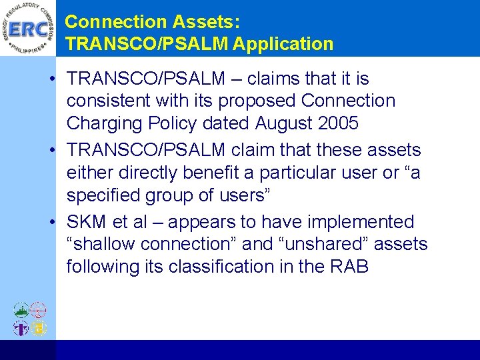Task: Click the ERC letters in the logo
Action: pyautogui.click(x=27, y=29)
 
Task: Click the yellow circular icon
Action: pyautogui.click(x=39, y=327)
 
